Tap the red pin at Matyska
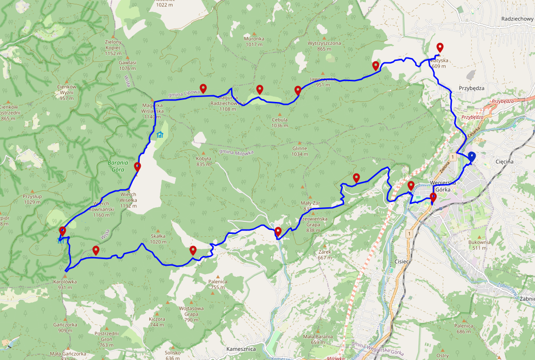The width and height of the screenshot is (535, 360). tap(440, 47)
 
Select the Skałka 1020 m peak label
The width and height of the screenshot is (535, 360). tap(158, 239)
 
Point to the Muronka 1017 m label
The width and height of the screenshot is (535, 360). tap(254, 42)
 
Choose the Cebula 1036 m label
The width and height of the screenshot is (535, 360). tap(279, 123)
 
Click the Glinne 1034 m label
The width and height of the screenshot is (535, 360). tap(300, 152)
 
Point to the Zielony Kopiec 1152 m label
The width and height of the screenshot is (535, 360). tap(113, 47)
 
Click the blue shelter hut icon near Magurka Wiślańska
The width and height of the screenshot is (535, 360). tap(159, 135)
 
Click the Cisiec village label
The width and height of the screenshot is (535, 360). tap(402, 261)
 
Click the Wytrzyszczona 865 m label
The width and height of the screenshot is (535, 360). tap(324, 46)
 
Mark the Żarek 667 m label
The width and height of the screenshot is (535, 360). tap(324, 255)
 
